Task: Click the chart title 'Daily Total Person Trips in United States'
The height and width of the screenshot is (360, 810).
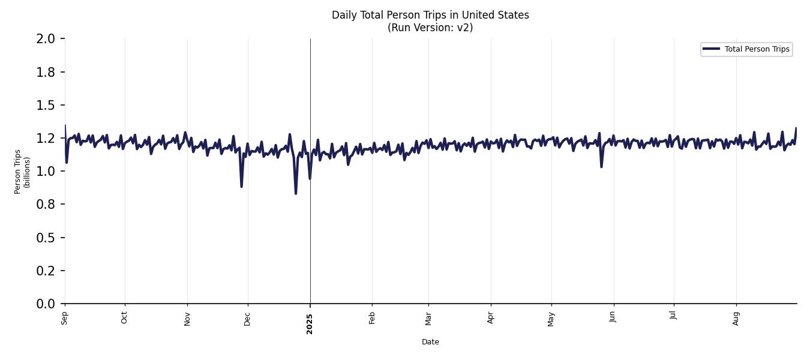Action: pos(430,15)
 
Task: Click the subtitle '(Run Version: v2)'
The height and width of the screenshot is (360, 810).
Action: pos(430,28)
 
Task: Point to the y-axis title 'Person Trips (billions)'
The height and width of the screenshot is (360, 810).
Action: pos(22,172)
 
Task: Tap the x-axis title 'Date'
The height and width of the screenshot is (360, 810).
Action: pos(430,342)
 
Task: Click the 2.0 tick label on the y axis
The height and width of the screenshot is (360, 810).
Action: pos(46,39)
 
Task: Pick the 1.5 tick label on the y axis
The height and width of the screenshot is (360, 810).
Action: pos(46,106)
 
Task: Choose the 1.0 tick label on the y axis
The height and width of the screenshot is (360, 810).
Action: pos(46,172)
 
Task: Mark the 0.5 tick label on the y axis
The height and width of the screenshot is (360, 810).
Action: pos(46,238)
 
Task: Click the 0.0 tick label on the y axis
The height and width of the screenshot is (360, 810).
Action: pos(46,304)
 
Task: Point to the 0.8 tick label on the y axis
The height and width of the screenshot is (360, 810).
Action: pos(46,205)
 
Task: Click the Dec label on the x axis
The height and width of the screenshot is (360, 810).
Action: pos(248,318)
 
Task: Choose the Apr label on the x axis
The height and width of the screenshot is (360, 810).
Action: pos(491,318)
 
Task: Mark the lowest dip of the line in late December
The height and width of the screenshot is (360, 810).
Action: pos(296,193)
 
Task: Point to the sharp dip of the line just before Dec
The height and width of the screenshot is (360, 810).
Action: pos(241,187)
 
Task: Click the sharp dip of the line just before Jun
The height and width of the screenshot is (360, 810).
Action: pos(601,166)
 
